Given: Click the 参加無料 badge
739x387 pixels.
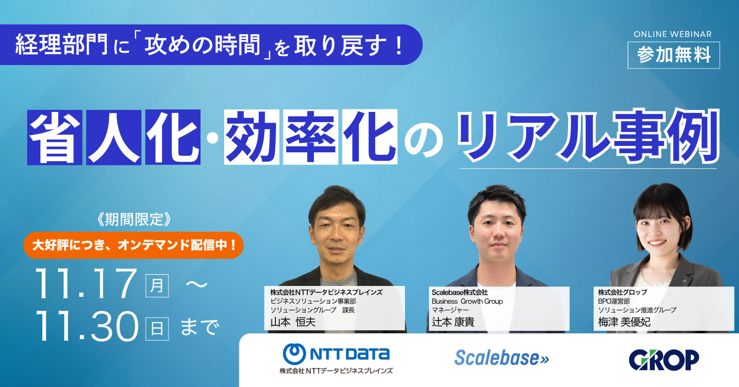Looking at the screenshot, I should [x=673, y=55].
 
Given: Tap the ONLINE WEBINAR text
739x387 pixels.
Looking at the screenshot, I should [x=672, y=34].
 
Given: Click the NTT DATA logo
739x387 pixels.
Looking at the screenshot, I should [x=336, y=353].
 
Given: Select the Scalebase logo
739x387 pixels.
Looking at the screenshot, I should [x=502, y=358].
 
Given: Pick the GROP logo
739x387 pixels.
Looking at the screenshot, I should [x=664, y=359].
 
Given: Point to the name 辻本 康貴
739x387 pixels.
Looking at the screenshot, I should [x=453, y=322].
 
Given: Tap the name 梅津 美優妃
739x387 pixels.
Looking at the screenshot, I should [x=624, y=322].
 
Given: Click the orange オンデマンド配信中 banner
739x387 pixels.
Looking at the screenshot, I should [x=133, y=245].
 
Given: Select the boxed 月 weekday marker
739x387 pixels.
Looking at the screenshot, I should [x=157, y=285].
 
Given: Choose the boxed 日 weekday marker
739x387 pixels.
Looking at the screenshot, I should [x=157, y=328].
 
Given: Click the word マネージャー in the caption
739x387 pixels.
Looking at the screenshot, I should [x=450, y=310].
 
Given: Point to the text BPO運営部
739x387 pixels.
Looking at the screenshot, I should [x=614, y=301].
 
